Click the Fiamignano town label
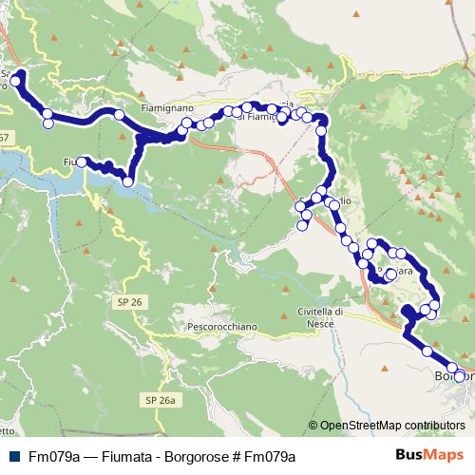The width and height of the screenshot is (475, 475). click(168, 109)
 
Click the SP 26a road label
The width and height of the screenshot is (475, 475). click(161, 399)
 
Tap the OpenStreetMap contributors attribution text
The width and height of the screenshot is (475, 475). click(392, 425)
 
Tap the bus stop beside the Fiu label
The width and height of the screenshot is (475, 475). click(82, 162)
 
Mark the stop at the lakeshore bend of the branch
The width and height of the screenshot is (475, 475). click(126, 183)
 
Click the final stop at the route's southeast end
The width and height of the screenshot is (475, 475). click(460, 376)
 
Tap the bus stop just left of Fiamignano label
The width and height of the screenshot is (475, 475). click(120, 115)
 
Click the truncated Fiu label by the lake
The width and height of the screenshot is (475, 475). click(69, 161)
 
